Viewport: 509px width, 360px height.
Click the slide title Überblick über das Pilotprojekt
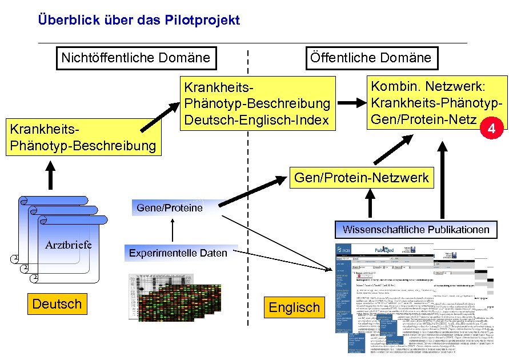pyautogui.click(x=139, y=21)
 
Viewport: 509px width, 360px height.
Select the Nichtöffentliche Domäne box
pyautogui.click(x=135, y=58)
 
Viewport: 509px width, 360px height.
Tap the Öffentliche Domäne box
pyautogui.click(x=370, y=58)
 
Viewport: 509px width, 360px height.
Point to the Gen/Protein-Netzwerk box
pyautogui.click(x=361, y=178)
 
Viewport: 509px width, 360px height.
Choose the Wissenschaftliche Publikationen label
pyautogui.click(x=416, y=230)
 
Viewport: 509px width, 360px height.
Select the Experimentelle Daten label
pyautogui.click(x=178, y=253)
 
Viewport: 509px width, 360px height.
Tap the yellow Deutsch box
pyautogui.click(x=57, y=304)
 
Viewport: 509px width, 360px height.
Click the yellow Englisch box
pyautogui.click(x=294, y=307)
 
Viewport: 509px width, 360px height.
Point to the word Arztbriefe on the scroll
pyautogui.click(x=69, y=245)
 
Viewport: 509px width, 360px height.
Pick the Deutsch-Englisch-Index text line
pyautogui.click(x=256, y=120)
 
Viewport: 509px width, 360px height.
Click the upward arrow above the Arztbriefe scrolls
pyautogui.click(x=51, y=174)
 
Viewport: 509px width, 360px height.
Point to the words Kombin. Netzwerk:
pyautogui.click(x=428, y=87)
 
